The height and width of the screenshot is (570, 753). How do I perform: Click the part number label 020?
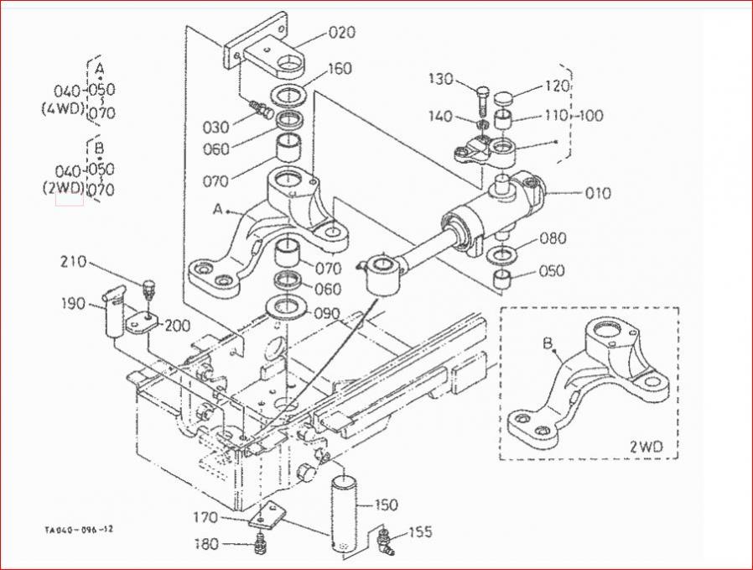pos(342,32)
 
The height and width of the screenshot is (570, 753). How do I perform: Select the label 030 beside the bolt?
pos(216,128)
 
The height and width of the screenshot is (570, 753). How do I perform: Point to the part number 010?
pos(598,193)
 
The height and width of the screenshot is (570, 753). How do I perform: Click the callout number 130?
pos(441,78)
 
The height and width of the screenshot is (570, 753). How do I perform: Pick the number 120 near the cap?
pos(557,86)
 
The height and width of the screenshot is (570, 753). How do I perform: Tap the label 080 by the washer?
pos(553,238)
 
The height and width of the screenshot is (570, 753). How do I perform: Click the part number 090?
pos(327,314)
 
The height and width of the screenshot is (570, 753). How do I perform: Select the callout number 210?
pos(73,262)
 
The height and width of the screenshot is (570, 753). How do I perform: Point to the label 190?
pos(73,304)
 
